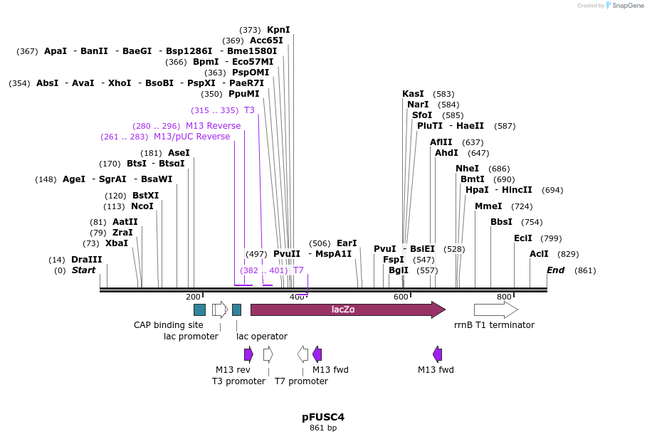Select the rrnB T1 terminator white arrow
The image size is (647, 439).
coord(495,310)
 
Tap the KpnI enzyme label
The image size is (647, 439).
coord(278,30)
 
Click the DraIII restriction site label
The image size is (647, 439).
coord(86,260)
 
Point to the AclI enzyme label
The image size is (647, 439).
coord(539,254)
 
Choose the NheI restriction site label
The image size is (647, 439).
coord(467,169)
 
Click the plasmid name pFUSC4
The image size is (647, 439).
coord(323,417)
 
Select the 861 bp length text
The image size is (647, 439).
coord(323,428)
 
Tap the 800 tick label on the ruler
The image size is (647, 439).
coord(504,297)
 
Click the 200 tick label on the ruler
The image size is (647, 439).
coord(193,297)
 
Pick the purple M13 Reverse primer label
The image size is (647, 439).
coord(213,126)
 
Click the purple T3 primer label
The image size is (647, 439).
coord(249,110)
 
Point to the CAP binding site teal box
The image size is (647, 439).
coord(199,310)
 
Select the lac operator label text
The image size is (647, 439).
coord(262,336)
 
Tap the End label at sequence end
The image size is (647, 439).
coord(555,270)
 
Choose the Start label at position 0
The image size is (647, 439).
coord(83,270)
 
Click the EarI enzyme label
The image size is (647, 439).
coord(347,243)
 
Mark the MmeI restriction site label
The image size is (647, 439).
coord(488,206)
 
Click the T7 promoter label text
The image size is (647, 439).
coord(301,381)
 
